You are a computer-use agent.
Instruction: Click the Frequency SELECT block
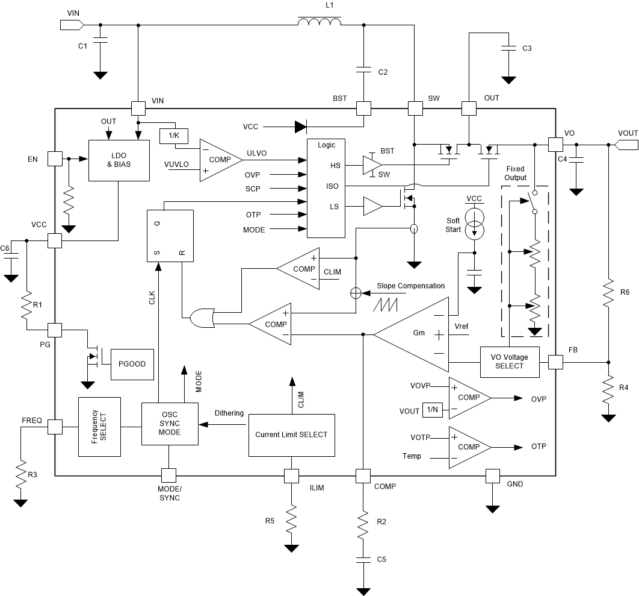[99, 427]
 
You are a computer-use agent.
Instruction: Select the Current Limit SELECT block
[291, 434]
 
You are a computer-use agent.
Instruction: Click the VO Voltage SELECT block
[509, 362]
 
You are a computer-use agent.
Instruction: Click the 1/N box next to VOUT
[432, 410]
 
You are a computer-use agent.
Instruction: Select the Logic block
[326, 189]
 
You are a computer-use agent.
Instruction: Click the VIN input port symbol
[71, 25]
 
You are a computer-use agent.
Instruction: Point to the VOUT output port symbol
[626, 145]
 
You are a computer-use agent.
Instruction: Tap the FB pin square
[554, 362]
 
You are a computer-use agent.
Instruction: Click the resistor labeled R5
[292, 519]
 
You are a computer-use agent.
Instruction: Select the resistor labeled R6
[608, 292]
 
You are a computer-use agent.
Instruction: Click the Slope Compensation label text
[410, 286]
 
